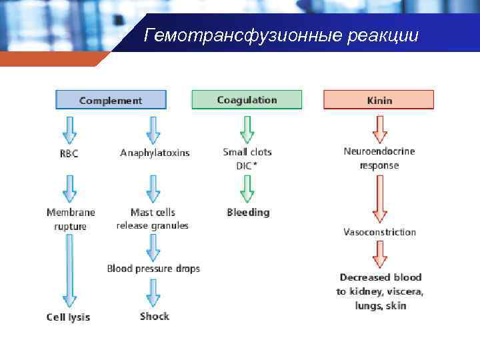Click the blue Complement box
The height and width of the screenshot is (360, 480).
[111, 100]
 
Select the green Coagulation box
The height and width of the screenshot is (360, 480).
[247, 100]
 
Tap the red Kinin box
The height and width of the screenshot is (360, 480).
[379, 100]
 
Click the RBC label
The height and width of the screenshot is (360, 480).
[69, 153]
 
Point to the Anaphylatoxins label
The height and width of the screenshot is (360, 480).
[155, 153]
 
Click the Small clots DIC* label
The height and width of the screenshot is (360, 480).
[247, 159]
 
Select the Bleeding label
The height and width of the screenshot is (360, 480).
[248, 213]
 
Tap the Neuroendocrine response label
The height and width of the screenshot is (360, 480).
[379, 158]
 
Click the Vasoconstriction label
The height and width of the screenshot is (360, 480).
[379, 232]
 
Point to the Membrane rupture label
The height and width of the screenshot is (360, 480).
[71, 219]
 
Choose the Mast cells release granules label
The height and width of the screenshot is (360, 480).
[153, 219]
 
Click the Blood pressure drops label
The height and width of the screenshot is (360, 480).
[153, 269]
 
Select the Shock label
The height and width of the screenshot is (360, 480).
[155, 316]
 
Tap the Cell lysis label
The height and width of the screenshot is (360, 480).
[68, 317]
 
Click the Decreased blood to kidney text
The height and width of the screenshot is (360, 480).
[379, 291]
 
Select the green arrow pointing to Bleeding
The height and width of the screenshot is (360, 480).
[247, 189]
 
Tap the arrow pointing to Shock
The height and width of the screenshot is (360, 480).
[154, 293]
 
